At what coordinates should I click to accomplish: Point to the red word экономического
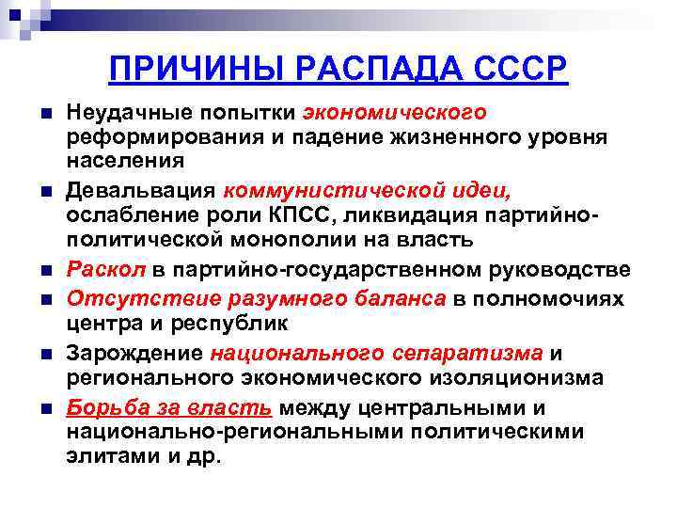[395, 113]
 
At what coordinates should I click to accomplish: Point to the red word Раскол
[106, 270]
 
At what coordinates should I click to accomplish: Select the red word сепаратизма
[464, 354]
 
